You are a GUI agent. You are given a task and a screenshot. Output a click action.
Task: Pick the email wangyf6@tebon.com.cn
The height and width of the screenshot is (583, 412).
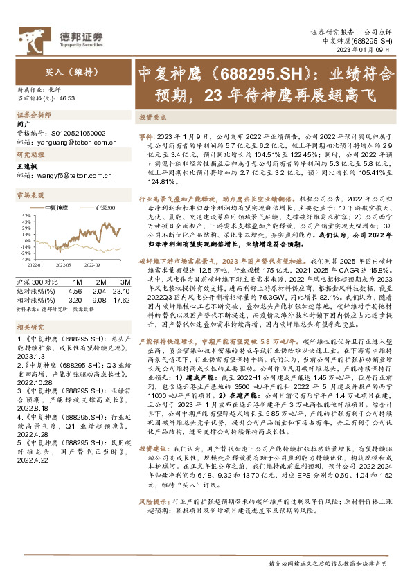pos(71,176)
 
